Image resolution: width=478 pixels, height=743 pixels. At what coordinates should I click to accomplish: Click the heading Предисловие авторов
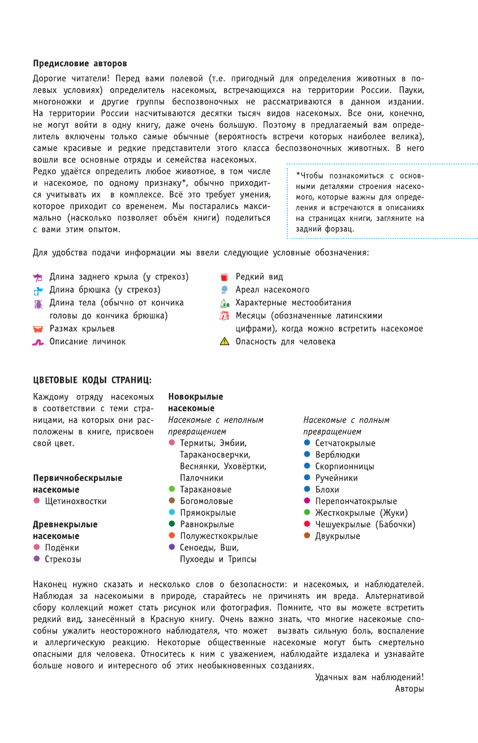(80, 63)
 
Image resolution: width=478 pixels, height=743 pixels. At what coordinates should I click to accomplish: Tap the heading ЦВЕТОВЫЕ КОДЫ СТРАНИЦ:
(92, 380)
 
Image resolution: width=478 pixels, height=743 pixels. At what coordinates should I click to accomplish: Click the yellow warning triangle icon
(224, 341)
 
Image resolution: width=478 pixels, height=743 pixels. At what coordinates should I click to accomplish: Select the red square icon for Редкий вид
(224, 277)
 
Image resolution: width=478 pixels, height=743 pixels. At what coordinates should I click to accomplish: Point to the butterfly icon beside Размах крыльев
(38, 329)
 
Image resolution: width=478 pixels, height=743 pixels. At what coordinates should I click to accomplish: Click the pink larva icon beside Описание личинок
(38, 342)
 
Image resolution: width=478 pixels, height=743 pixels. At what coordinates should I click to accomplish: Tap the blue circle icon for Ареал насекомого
(224, 289)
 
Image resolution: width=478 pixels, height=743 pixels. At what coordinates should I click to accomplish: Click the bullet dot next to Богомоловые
(172, 501)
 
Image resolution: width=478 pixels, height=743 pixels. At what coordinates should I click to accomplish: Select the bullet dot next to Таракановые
(172, 489)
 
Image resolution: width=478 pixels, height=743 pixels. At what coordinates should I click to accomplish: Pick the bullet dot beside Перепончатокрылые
(307, 501)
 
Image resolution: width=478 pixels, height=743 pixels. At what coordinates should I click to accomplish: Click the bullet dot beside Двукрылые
(307, 535)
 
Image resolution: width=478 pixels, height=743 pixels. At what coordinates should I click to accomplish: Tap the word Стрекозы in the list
(63, 559)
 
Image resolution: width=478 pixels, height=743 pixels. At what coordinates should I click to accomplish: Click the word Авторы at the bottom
(410, 689)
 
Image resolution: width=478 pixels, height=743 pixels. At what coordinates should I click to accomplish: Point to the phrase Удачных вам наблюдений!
(369, 677)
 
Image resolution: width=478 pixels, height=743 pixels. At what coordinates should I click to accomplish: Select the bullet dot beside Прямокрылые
(172, 512)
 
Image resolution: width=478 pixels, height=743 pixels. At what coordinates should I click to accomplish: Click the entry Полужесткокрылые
(218, 536)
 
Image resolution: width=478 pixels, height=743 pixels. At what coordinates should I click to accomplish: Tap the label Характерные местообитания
(293, 303)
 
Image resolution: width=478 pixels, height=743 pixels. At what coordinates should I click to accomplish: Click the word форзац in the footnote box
(341, 229)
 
